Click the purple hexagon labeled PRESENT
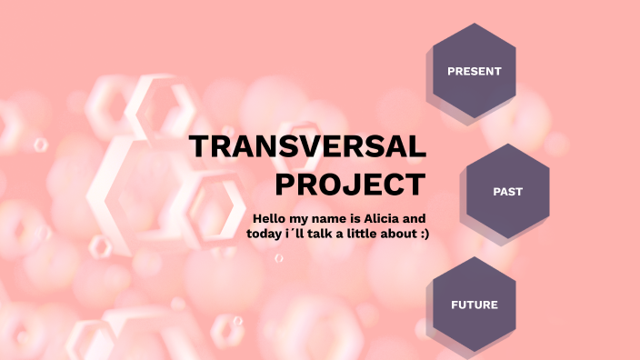474,71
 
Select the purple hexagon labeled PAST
507,192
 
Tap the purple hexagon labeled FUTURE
474,305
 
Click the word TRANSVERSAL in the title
307,148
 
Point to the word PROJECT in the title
350,185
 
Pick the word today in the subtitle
265,234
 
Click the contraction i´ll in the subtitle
300,234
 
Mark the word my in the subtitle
303,219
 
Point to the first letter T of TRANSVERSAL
197,148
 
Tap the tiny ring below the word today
279,258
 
